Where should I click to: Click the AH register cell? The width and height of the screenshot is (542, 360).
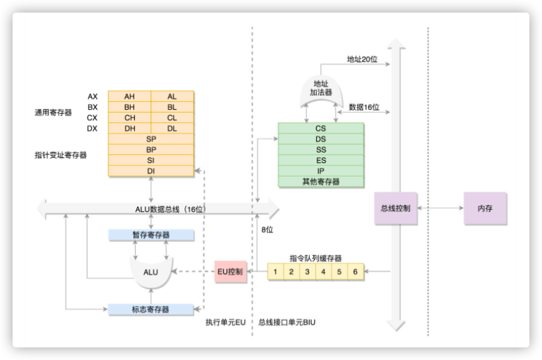click(129, 96)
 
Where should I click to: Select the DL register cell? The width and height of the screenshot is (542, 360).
click(172, 129)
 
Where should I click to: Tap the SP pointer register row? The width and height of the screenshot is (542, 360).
click(151, 139)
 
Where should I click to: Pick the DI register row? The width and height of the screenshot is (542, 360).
click(151, 171)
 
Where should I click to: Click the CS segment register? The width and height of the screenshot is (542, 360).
click(321, 129)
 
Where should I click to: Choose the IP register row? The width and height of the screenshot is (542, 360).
click(321, 171)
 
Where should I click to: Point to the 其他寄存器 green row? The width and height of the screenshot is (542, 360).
click(321, 182)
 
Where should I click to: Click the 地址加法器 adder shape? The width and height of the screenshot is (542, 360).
click(322, 93)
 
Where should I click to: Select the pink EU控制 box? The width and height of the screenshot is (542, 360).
click(230, 271)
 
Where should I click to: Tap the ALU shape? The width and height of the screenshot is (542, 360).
click(150, 271)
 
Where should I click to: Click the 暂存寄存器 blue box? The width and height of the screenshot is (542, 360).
click(150, 235)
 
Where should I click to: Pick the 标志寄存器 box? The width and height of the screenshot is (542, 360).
click(150, 309)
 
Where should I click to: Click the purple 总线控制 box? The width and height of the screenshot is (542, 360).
click(395, 208)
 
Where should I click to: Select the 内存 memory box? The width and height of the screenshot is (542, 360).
click(485, 208)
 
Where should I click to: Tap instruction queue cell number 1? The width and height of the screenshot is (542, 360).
click(276, 271)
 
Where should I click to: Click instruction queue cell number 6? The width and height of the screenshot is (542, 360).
click(356, 271)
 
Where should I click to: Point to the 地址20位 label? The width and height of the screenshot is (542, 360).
click(362, 59)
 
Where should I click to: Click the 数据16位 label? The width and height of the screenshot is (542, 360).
click(364, 107)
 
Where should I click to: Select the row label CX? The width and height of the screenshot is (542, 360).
click(92, 117)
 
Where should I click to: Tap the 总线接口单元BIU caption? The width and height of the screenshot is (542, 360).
click(287, 322)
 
